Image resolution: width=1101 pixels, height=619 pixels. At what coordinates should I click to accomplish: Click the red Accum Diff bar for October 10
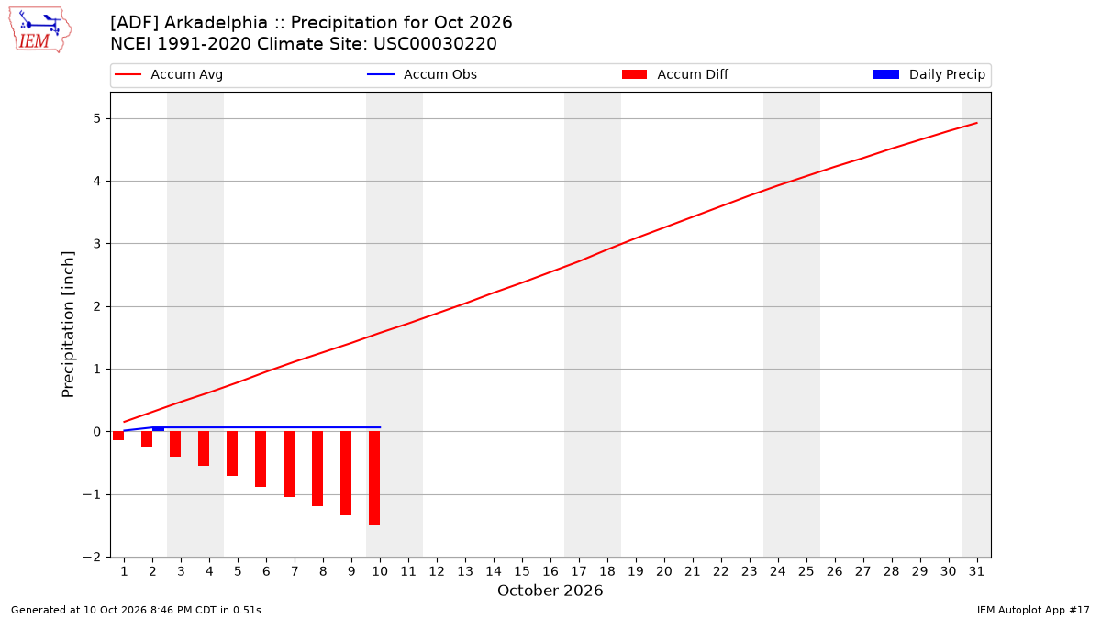[374, 479]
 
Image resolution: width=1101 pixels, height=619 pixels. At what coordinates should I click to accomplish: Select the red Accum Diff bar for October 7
[289, 464]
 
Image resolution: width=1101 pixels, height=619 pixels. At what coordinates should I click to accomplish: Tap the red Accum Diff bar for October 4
[204, 448]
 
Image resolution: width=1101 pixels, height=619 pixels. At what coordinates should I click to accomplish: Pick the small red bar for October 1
[118, 436]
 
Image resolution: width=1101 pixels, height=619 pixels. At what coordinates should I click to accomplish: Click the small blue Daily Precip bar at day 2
[158, 429]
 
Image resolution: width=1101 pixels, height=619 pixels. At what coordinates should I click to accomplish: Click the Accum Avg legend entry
[169, 74]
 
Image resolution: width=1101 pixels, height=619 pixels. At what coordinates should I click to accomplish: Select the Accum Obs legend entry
[422, 74]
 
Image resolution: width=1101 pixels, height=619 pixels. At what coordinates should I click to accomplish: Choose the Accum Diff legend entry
[675, 74]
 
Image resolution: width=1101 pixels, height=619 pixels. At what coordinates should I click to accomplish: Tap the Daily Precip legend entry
[929, 74]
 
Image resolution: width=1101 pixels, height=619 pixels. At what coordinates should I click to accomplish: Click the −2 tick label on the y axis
[92, 558]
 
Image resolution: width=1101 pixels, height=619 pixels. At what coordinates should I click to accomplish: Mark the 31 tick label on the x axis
[976, 571]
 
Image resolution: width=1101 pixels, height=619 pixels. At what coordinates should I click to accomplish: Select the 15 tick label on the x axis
[522, 571]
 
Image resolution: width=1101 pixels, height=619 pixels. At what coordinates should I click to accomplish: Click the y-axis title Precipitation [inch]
[68, 325]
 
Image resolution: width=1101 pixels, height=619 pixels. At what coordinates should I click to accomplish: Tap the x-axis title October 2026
[550, 591]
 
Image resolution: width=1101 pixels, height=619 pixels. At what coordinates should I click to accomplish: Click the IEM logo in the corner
[40, 29]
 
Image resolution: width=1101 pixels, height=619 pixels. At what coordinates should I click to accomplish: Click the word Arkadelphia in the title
[216, 23]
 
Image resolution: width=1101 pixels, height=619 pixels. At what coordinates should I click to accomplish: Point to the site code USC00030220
[435, 44]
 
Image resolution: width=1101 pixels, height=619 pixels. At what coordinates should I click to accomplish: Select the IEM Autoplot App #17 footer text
[1033, 610]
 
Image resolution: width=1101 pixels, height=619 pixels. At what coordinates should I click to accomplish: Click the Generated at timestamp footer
[136, 610]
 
